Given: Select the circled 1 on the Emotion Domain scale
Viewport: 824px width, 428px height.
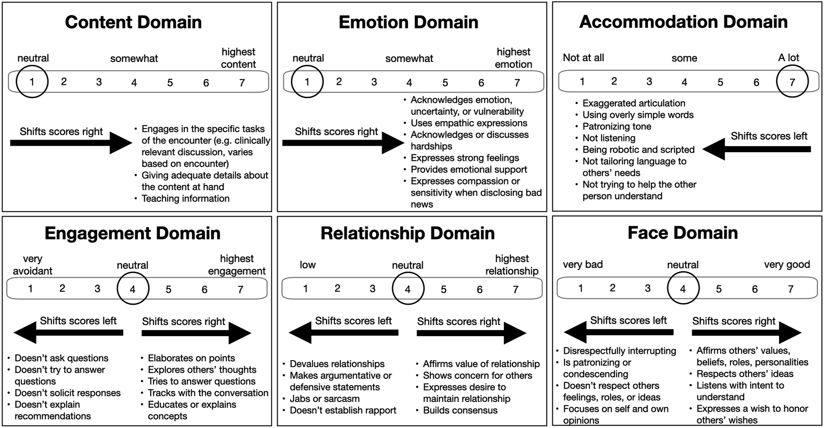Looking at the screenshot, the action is coord(307,82).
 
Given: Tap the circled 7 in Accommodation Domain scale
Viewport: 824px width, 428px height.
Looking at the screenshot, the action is coord(792,81).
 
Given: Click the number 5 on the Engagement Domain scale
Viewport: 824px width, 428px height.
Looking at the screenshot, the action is coord(169,290).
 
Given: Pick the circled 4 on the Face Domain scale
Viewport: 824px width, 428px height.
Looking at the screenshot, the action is coord(683,288).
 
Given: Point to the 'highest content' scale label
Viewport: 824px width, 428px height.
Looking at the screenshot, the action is coord(238,58).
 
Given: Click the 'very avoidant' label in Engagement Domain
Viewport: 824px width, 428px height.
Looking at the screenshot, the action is coord(33,265).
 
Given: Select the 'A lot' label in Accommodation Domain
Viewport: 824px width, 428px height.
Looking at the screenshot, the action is coord(788,58).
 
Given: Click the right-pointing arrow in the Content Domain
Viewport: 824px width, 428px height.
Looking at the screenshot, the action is coord(71,143).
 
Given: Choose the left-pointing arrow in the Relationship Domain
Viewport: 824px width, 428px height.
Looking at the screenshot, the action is coord(344,333).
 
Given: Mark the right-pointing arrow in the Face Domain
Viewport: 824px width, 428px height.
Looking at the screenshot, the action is coord(747,333).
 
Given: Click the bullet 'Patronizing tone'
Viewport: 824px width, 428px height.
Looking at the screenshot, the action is coord(617,126).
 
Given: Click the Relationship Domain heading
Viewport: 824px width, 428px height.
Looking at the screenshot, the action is coord(408,233).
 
